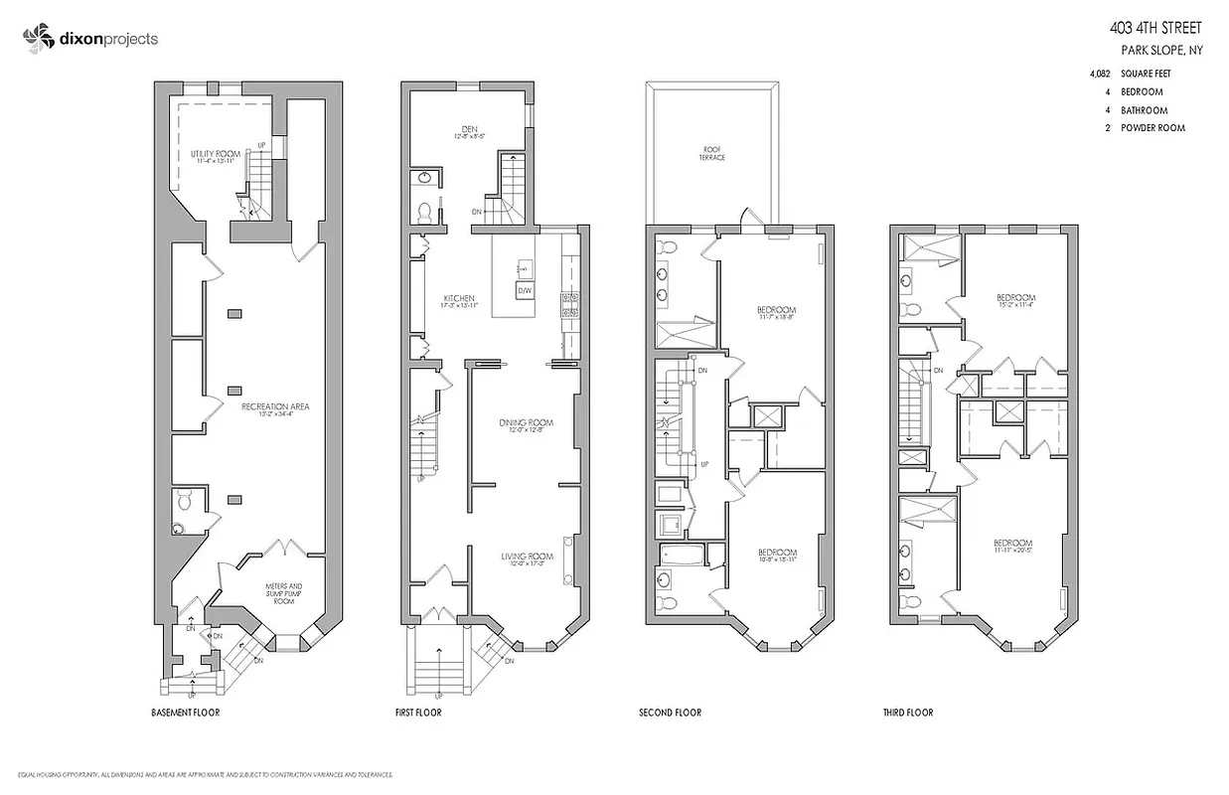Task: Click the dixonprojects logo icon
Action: pos(36,39)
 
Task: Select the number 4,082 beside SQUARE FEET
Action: pos(1100,74)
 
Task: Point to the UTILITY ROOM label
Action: pos(216,154)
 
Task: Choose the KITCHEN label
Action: pos(459,298)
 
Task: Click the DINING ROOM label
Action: pos(526,422)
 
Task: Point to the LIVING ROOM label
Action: pos(527,556)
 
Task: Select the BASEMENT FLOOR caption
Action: pos(186,713)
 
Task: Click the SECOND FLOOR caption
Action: pos(671,713)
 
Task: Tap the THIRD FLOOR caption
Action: pos(907,713)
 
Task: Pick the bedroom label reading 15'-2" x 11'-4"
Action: pos(1015,302)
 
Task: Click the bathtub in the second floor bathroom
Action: pos(684,553)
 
